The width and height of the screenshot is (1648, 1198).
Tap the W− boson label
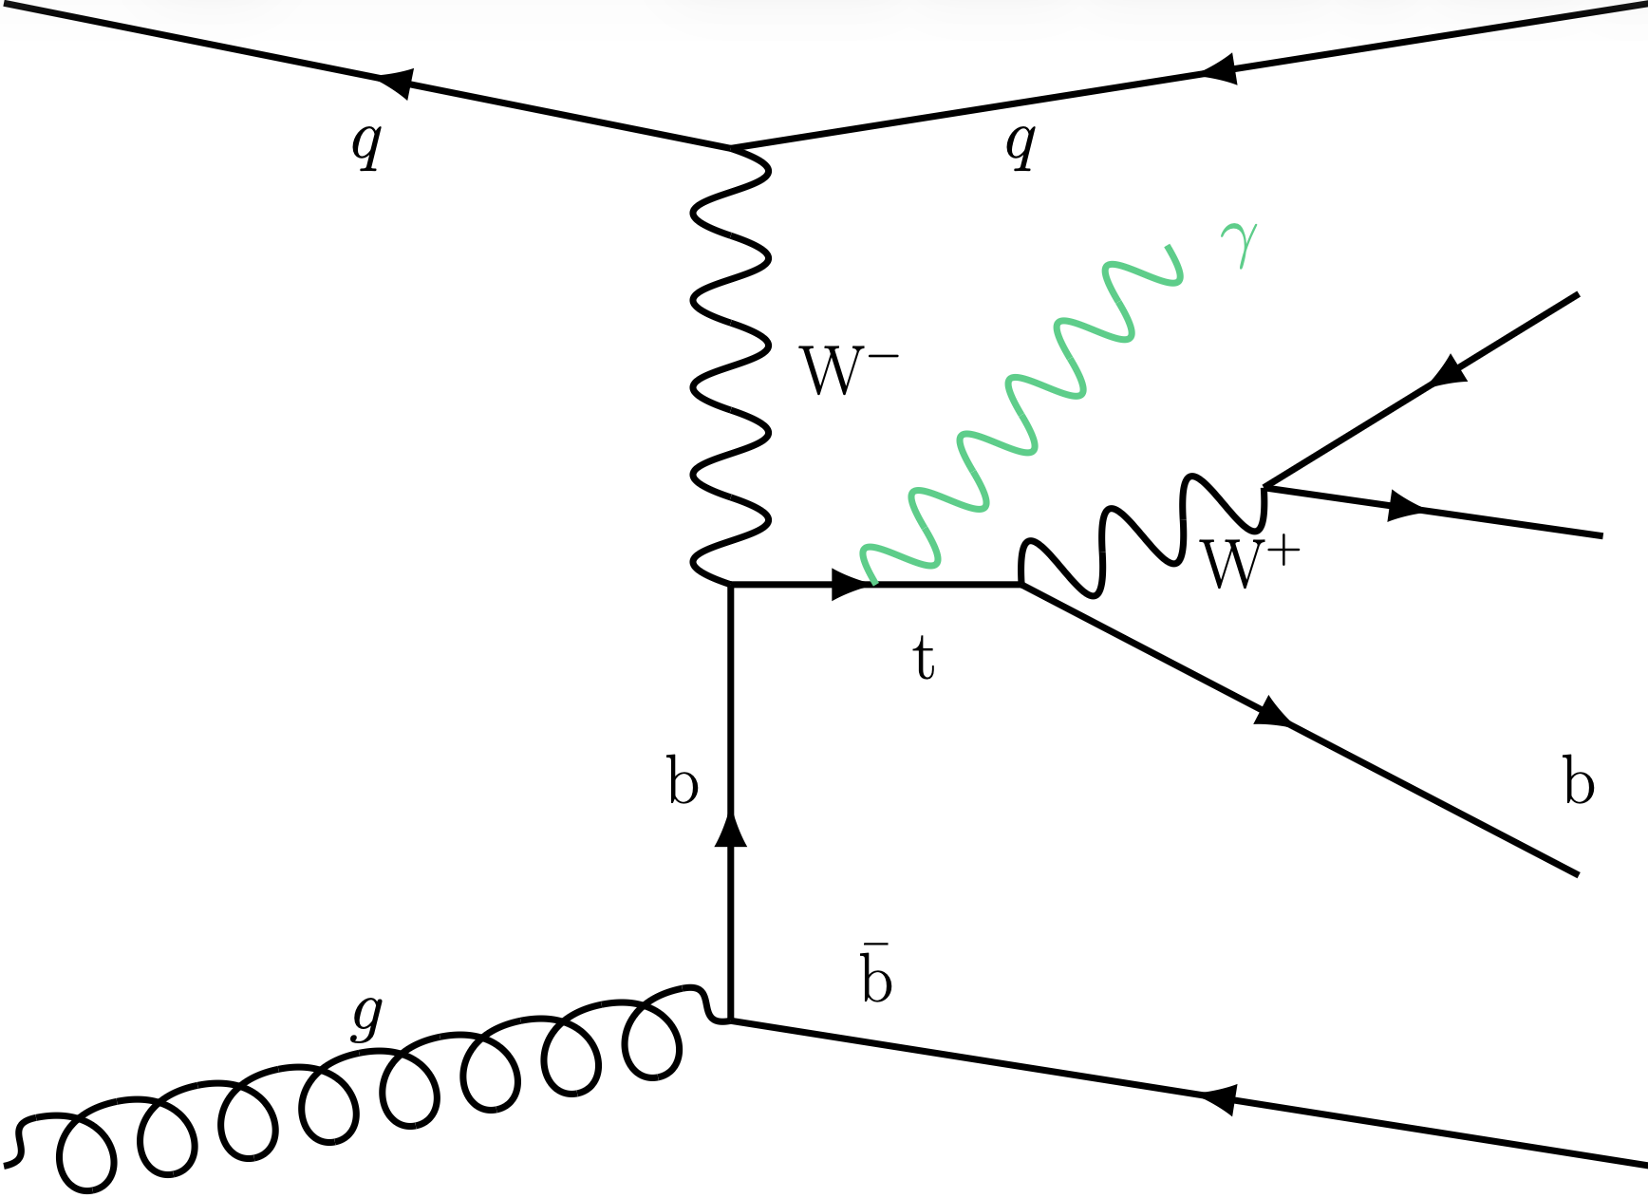(x=848, y=371)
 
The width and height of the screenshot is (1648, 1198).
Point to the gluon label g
(x=367, y=1017)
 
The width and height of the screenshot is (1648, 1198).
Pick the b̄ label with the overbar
(x=876, y=974)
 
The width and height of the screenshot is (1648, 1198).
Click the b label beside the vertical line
(x=683, y=781)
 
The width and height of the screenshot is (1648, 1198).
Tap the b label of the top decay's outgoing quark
(x=1578, y=781)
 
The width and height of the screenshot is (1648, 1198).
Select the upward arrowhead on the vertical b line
(x=730, y=830)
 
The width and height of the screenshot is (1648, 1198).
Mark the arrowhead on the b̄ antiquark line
(x=1218, y=1099)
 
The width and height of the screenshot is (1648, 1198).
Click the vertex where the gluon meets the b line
(x=730, y=1020)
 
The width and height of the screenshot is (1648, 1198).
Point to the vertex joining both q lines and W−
(x=730, y=147)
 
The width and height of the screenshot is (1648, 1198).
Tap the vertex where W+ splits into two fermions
(x=1264, y=487)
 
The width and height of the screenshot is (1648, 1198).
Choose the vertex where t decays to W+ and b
(x=1021, y=584)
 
